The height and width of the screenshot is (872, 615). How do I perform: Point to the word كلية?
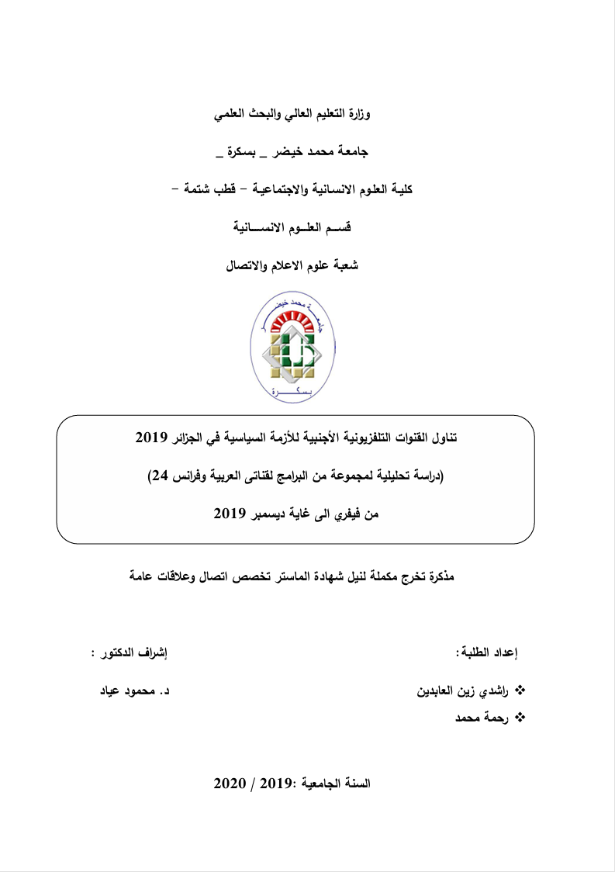pyautogui.click(x=399, y=189)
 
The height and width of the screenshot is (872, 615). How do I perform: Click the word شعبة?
pyautogui.click(x=344, y=265)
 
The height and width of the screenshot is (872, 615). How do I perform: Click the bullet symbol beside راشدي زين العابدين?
pyautogui.click(x=520, y=690)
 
